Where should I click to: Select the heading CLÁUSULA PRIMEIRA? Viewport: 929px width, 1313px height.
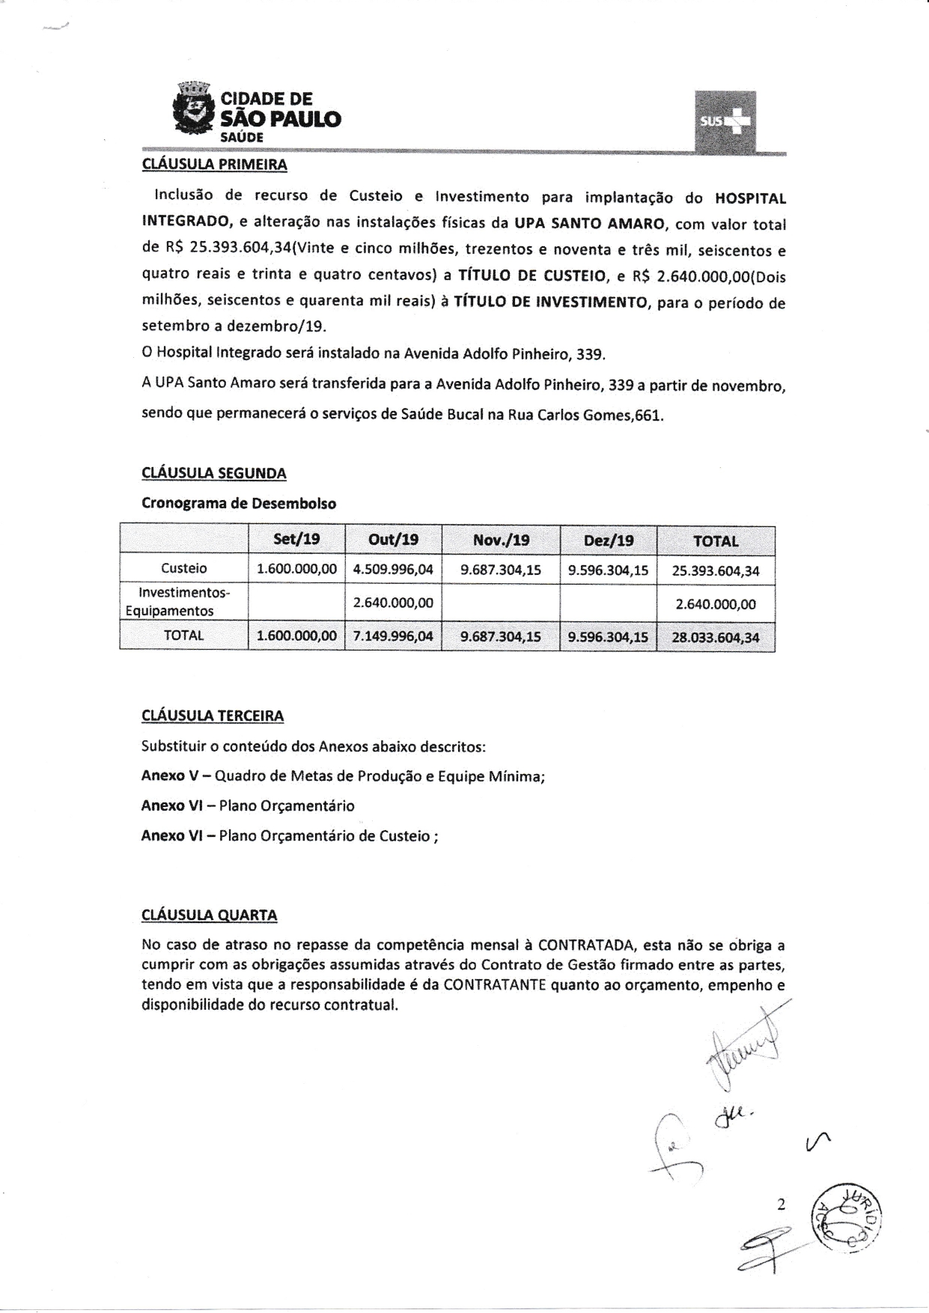[x=214, y=164]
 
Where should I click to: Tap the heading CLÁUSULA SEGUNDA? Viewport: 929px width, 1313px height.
[x=214, y=473]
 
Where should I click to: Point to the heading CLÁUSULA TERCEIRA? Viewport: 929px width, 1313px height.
[x=213, y=716]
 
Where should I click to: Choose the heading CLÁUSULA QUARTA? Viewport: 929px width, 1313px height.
[x=210, y=915]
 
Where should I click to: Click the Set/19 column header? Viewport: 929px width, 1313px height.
[x=296, y=540]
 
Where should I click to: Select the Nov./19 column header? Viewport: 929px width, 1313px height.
[x=501, y=540]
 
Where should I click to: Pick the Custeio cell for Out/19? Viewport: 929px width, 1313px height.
[x=393, y=570]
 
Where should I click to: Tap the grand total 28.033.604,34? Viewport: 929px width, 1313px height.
[x=716, y=639]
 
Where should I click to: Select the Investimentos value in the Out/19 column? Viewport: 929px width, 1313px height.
[x=393, y=603]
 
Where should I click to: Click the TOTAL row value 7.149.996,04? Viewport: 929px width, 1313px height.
[x=393, y=636]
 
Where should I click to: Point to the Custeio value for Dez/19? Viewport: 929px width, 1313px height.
[x=608, y=570]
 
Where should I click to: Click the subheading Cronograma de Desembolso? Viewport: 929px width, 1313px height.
[x=239, y=503]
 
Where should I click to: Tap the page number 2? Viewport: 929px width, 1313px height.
[x=782, y=1204]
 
